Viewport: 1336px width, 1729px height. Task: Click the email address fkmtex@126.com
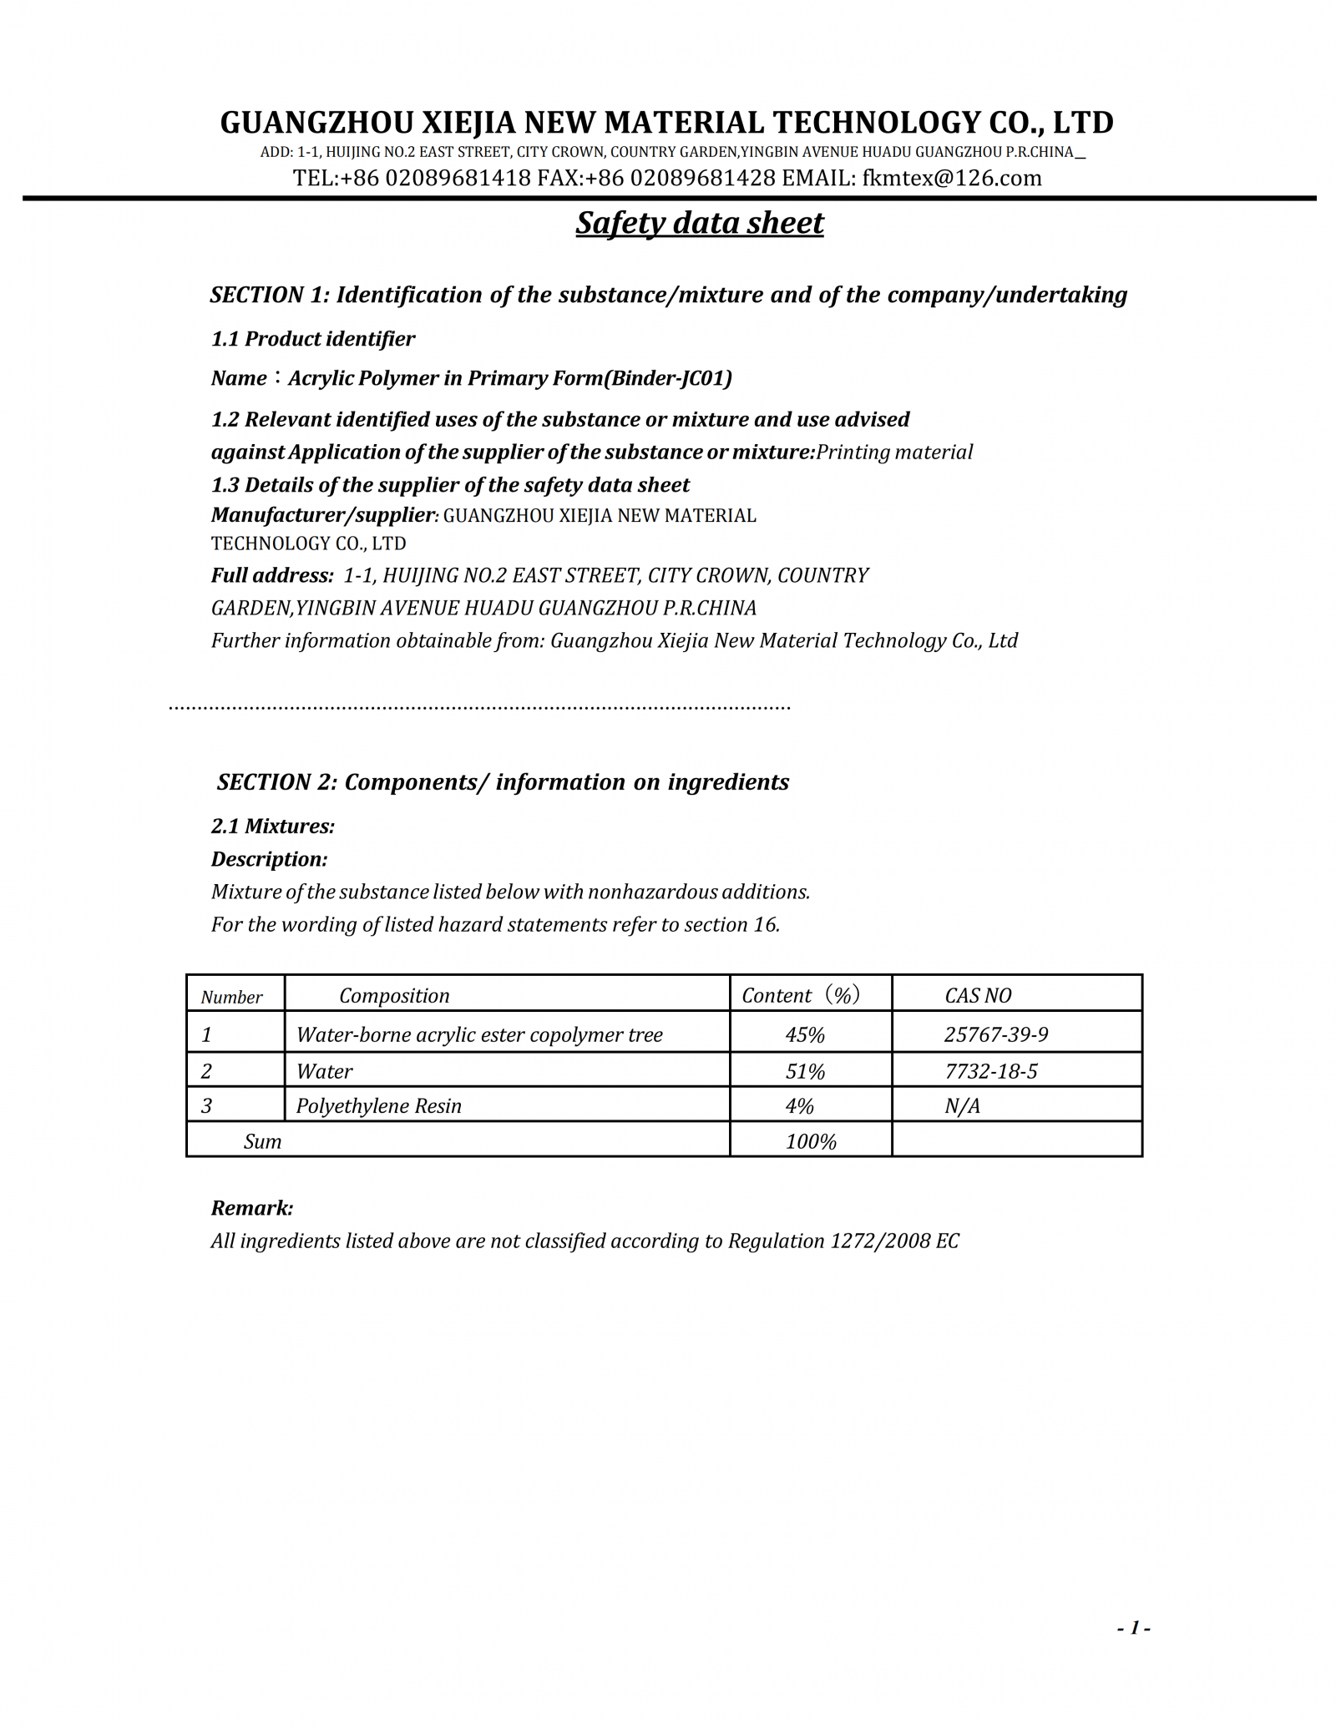coord(952,178)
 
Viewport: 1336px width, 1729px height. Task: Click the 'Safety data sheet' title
coord(700,223)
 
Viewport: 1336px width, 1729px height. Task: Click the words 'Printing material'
coord(894,452)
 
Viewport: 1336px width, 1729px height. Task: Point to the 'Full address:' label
coord(272,575)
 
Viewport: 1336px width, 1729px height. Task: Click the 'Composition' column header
coord(394,995)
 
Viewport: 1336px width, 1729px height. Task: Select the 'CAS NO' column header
coord(978,995)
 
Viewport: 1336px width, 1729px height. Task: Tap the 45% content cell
coord(805,1034)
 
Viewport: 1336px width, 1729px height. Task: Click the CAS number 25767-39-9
coord(996,1034)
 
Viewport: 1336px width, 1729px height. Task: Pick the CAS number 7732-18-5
coord(991,1071)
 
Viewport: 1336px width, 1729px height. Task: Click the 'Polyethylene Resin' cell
coord(379,1105)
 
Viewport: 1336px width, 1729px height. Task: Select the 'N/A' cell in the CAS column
coord(962,1105)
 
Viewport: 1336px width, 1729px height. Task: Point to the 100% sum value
coord(811,1141)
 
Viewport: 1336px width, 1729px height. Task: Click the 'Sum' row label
coord(262,1141)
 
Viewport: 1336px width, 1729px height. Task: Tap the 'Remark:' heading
coord(252,1208)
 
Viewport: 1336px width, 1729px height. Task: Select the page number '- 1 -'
coord(1134,1627)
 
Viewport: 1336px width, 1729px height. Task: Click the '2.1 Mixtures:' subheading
coord(273,826)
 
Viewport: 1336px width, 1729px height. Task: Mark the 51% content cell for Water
coord(805,1071)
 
